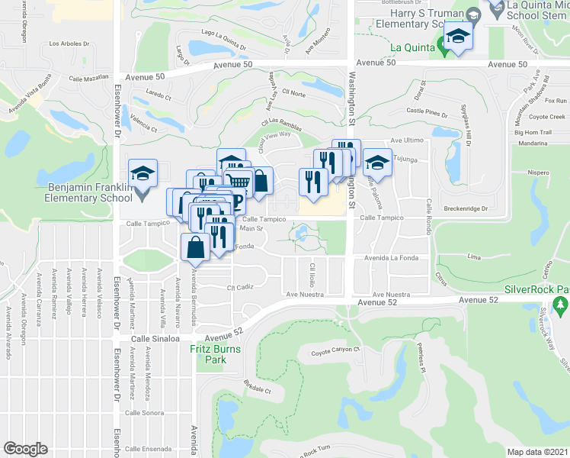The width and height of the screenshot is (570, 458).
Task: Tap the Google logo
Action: click(x=25, y=448)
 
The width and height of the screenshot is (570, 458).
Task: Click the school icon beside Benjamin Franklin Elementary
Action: click(x=142, y=175)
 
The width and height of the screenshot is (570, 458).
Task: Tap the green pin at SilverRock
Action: click(x=562, y=307)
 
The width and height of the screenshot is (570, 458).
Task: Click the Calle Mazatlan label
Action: click(x=89, y=79)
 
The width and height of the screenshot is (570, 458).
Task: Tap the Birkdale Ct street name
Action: click(x=258, y=389)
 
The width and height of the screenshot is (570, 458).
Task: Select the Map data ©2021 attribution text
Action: click(x=538, y=451)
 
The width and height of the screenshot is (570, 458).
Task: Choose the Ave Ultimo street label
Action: click(x=406, y=140)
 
